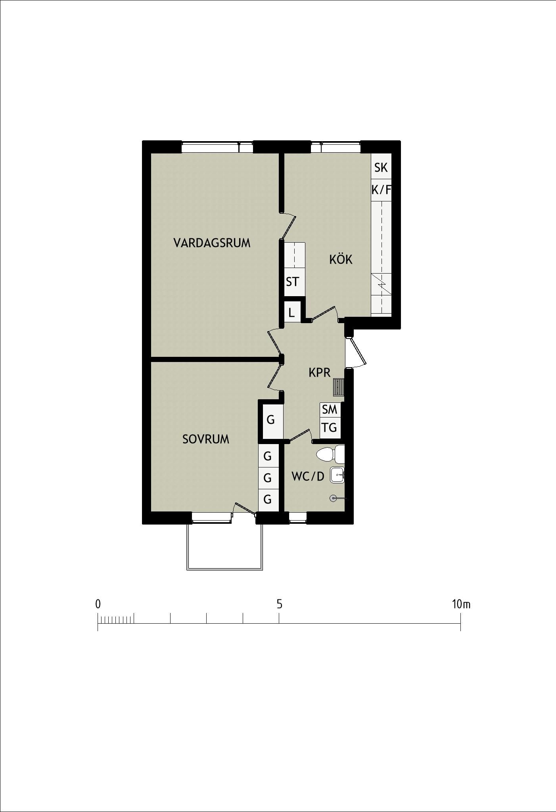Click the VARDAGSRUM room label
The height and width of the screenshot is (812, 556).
point(212,243)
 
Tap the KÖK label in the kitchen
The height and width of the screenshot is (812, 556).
point(341,259)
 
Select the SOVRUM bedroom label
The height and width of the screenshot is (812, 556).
point(205,439)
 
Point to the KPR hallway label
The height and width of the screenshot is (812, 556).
point(320,373)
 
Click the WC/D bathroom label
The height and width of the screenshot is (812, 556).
point(308,476)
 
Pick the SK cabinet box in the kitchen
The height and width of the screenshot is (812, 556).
point(381,167)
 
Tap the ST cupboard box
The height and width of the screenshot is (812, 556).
point(295,282)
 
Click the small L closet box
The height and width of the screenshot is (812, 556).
point(292,312)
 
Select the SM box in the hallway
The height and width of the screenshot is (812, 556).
point(330,410)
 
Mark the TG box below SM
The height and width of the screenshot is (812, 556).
point(330,428)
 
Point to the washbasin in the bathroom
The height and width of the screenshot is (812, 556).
point(337,475)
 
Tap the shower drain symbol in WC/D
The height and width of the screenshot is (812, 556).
point(333,498)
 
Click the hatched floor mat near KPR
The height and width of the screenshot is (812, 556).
point(339,387)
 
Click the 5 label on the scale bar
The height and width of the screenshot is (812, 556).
point(279,604)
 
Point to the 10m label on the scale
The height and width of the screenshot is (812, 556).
point(461,604)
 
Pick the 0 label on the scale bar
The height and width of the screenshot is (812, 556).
point(98,604)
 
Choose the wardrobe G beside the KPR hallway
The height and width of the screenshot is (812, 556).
point(271,419)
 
